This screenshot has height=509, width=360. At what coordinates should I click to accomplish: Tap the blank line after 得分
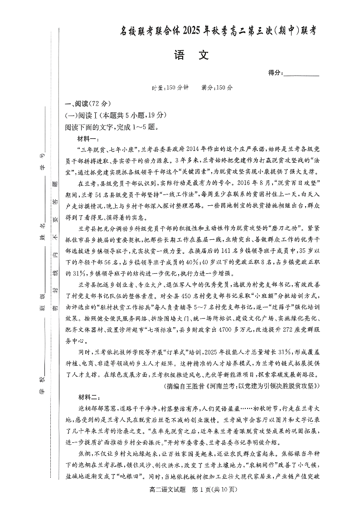click(x=301, y=74)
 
